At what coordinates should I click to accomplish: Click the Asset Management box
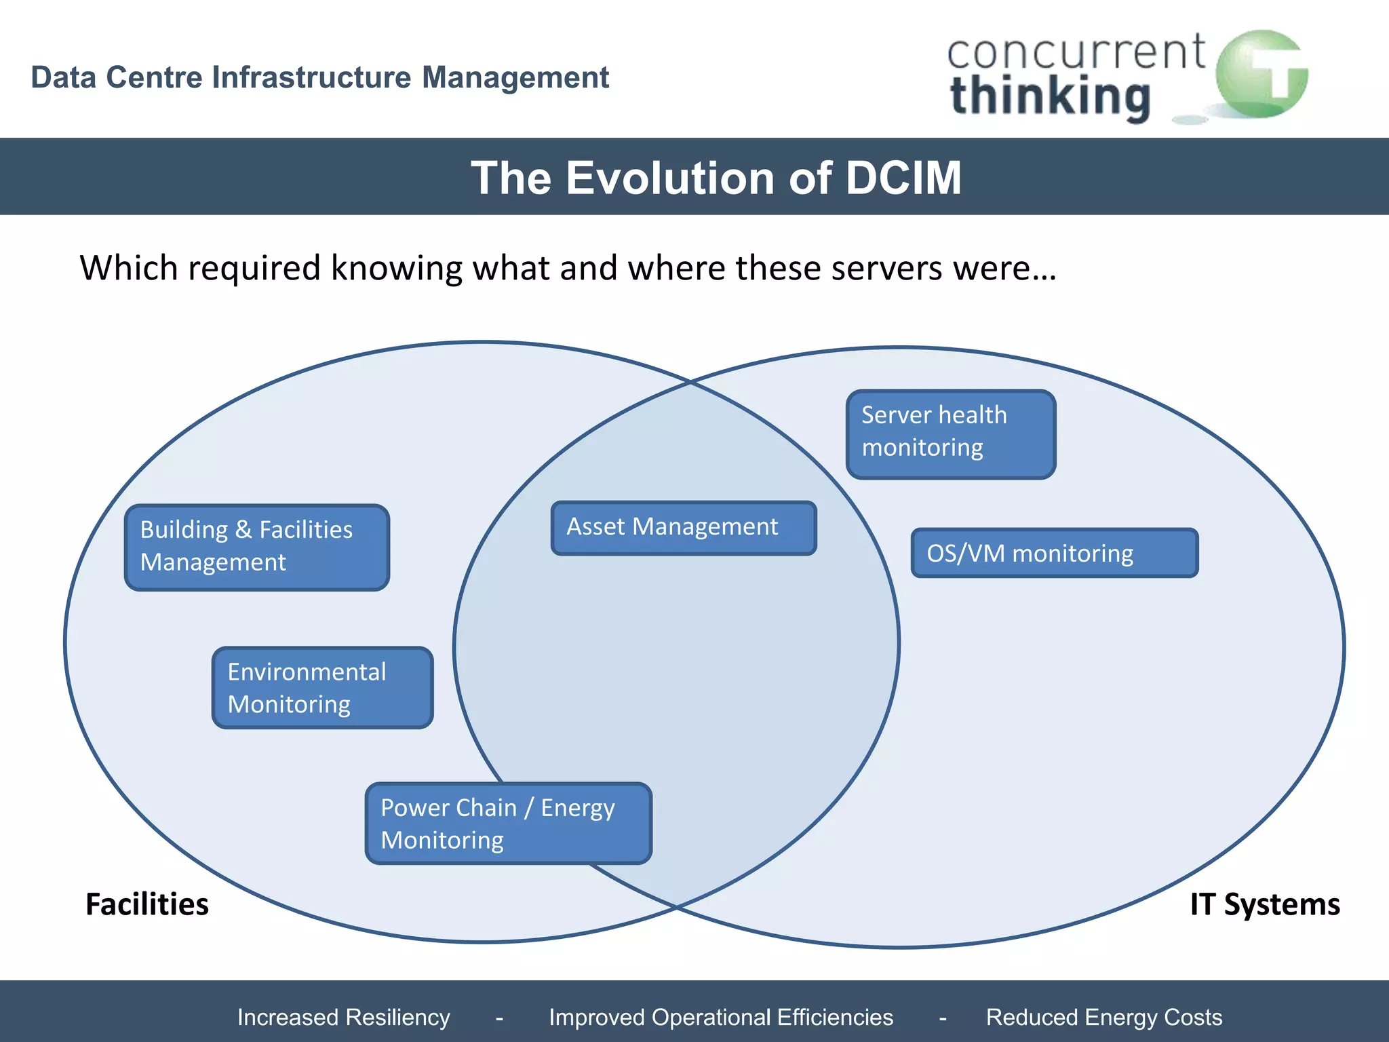click(x=684, y=528)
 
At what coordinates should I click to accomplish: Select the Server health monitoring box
click(x=951, y=434)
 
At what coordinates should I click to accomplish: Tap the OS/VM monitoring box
click(x=1054, y=553)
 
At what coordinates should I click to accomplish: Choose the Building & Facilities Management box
click(x=257, y=547)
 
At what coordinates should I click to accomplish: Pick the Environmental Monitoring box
click(x=322, y=687)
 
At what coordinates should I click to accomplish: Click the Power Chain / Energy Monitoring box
click(x=508, y=823)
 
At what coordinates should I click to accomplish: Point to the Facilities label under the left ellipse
click(x=147, y=904)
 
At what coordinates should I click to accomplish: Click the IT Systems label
click(x=1265, y=904)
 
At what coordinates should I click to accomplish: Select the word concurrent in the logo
click(x=1076, y=53)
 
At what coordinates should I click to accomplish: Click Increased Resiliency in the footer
click(x=343, y=1017)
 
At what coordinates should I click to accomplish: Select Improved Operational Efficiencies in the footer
click(x=720, y=1017)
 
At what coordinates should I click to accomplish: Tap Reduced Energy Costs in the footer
click(x=1103, y=1017)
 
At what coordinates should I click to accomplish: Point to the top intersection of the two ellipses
click(x=690, y=382)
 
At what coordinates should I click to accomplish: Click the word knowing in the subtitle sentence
click(x=396, y=268)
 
